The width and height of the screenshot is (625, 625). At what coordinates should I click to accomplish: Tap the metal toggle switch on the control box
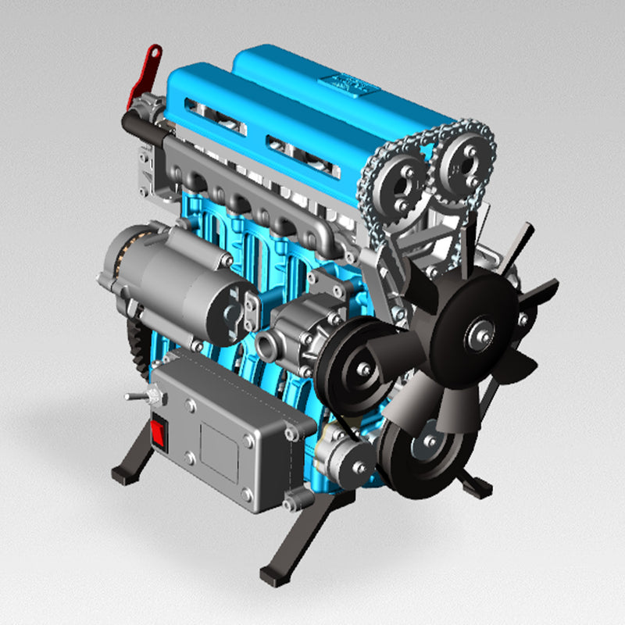[137, 397]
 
